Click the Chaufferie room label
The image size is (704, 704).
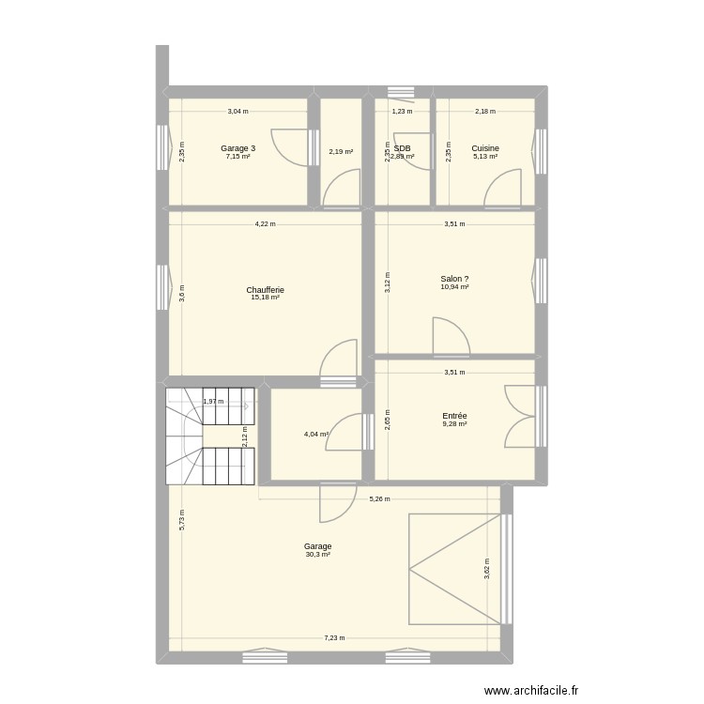pyautogui.click(x=265, y=290)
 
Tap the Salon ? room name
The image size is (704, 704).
pyautogui.click(x=454, y=279)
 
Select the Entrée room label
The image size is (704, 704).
pyautogui.click(x=454, y=416)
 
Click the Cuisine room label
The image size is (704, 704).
pyautogui.click(x=485, y=148)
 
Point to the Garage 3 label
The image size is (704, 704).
pyautogui.click(x=237, y=148)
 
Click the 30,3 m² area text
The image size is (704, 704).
pyautogui.click(x=317, y=555)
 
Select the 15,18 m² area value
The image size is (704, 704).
pyautogui.click(x=265, y=298)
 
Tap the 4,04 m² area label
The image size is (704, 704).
pyautogui.click(x=315, y=435)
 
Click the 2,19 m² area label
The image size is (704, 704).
pyautogui.click(x=340, y=152)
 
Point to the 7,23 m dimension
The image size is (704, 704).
pyautogui.click(x=334, y=638)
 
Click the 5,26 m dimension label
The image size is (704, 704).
pyautogui.click(x=379, y=499)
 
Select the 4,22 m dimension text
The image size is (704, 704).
pyautogui.click(x=265, y=224)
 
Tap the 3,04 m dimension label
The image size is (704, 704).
pyautogui.click(x=237, y=112)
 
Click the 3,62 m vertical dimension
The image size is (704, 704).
pyautogui.click(x=486, y=568)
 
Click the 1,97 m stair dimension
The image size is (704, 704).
pyautogui.click(x=213, y=402)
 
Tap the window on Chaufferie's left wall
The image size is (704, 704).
pyautogui.click(x=163, y=287)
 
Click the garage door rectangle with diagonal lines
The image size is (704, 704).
pyautogui.click(x=454, y=569)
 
